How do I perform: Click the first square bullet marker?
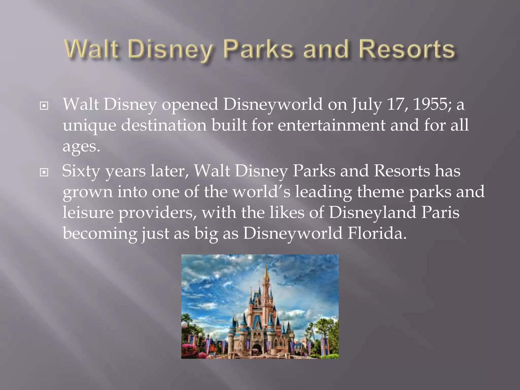44,106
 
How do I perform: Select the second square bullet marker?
44,173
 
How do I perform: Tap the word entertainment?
331,125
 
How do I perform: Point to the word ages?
81,147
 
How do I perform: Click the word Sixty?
81,171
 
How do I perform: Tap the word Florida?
377,233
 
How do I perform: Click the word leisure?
88,212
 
